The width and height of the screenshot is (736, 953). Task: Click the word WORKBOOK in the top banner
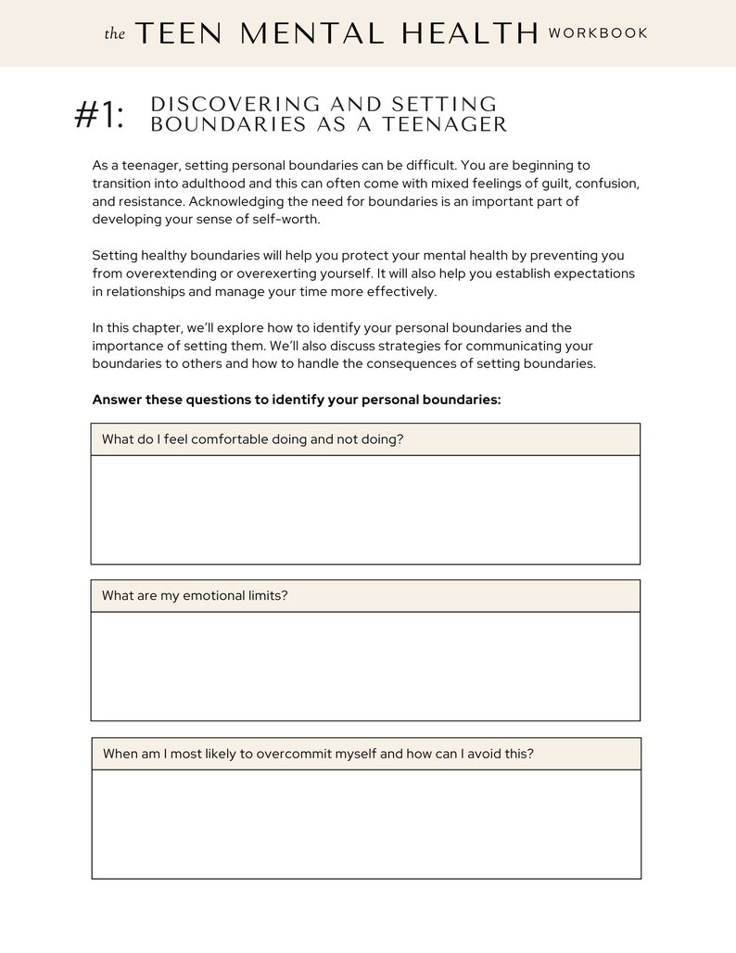point(598,33)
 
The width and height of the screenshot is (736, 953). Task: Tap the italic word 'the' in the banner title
point(114,34)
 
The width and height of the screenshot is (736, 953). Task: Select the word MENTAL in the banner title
point(315,33)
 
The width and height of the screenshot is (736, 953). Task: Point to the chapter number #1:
point(98,116)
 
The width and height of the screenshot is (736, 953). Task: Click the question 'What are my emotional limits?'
point(195,596)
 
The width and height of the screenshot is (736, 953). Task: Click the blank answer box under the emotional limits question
point(365,666)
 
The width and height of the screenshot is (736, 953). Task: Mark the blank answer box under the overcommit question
point(365,823)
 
